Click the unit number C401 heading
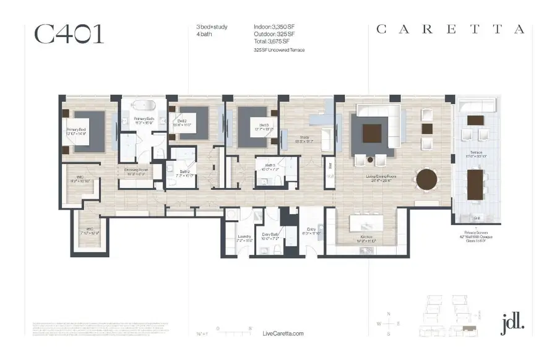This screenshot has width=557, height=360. click(x=69, y=35)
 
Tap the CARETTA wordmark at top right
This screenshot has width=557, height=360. click(x=451, y=30)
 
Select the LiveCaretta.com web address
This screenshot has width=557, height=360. click(x=283, y=333)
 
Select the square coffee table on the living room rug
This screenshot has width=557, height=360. click(x=372, y=134)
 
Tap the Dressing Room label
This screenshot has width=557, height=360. click(x=136, y=171)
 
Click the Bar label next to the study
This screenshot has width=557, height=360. click(x=330, y=166)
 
